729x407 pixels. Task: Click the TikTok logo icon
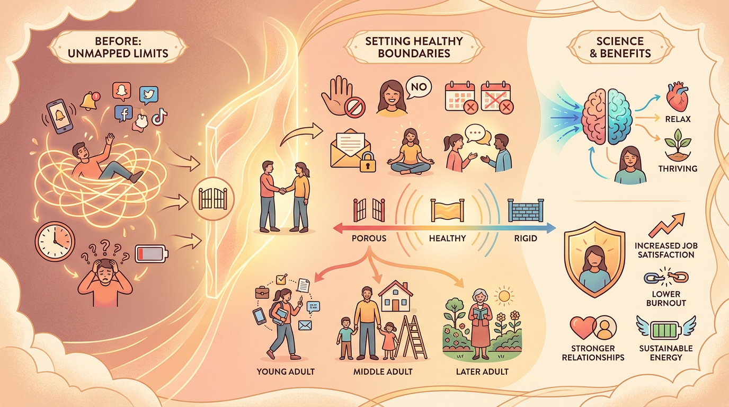159,116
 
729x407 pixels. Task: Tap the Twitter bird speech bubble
149,95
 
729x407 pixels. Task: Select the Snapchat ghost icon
122,91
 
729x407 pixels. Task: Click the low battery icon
152,254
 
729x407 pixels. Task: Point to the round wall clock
55,241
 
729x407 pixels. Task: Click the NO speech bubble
419,87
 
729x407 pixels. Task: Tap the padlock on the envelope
368,162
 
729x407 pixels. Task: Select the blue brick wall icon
526,210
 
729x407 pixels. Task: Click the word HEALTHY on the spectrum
447,238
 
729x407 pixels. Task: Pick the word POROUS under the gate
369,238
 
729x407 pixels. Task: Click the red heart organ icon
677,96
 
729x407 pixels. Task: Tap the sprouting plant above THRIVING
678,145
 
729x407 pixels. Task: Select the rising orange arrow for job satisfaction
666,225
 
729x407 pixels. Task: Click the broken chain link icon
666,277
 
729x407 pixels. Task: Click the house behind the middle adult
395,296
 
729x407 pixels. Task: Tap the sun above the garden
504,296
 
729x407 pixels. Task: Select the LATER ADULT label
482,371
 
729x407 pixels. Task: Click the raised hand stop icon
342,96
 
